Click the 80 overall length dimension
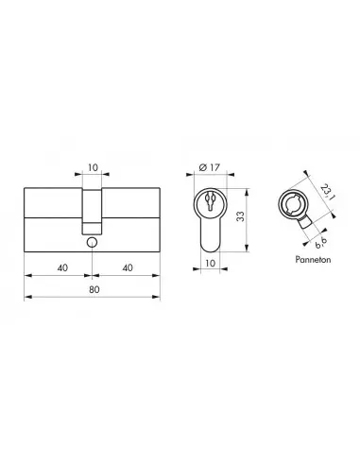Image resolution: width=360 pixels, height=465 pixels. [x=94, y=289]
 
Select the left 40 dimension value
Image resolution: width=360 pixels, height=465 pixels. [x=62, y=267]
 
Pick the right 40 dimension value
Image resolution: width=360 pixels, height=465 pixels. [x=128, y=267]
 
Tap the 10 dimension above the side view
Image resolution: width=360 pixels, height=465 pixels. [x=93, y=167]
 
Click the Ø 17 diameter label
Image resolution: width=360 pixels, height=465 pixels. [x=210, y=167]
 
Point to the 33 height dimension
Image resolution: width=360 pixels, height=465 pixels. [x=240, y=216]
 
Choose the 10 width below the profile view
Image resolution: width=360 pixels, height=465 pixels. [x=210, y=263]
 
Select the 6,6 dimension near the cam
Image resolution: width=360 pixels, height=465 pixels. [x=320, y=242]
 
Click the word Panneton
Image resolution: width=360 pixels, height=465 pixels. [x=313, y=260]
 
